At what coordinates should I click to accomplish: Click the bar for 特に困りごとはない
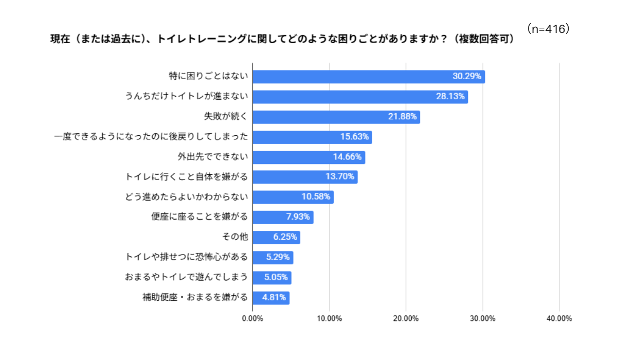pos(368,77)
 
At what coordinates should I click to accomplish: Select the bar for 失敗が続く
pos(336,117)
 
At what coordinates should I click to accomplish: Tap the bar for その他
pos(276,238)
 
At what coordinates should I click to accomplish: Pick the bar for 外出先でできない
pos(308,157)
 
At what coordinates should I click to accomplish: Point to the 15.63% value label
pos(354,137)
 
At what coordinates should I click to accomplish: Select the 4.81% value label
pos(274,298)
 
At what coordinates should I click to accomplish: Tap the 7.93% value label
pos(298,217)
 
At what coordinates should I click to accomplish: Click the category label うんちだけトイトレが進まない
pos(187,97)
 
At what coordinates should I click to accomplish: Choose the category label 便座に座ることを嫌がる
pos(199,217)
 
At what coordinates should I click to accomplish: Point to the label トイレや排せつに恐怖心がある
pos(187,257)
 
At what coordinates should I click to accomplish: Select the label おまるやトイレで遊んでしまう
pos(187,278)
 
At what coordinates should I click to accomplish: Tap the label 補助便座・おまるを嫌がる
pos(195,298)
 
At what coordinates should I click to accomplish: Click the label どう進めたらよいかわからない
pos(187,197)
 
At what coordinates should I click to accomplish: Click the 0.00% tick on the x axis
pos(252,319)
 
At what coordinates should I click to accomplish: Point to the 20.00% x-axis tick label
pos(406,319)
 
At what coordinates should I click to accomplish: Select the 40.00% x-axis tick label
pos(559,319)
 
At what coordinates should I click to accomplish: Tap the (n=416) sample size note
pos(549,29)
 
